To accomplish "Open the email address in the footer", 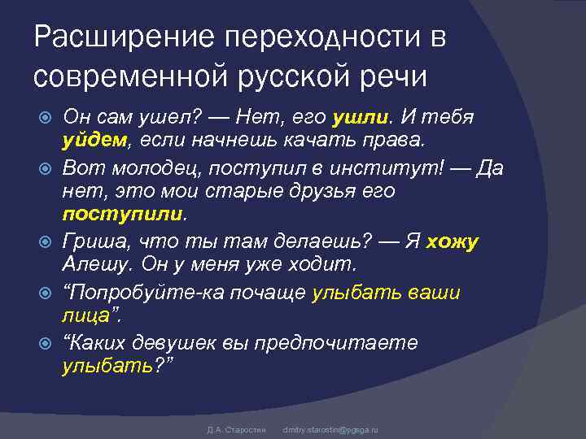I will tap(330, 429).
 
